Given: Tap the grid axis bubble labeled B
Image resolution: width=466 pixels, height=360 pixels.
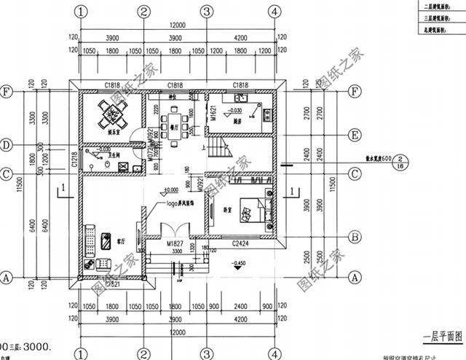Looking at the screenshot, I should [355, 236].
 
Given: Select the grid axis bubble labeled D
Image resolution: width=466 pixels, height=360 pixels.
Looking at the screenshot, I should [8, 145].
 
